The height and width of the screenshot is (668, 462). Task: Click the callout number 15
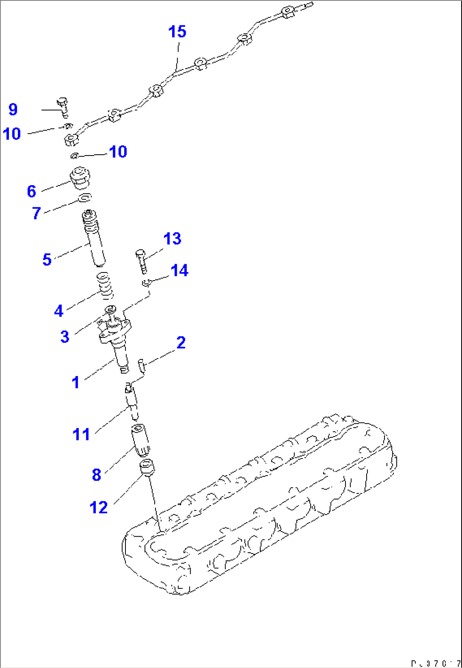click(x=177, y=32)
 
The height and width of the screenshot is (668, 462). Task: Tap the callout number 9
click(x=13, y=109)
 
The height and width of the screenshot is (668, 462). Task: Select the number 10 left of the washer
click(x=12, y=134)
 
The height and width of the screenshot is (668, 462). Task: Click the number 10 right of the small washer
click(x=118, y=152)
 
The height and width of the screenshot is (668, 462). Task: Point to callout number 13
click(x=172, y=239)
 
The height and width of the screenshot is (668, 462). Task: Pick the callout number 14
click(x=179, y=270)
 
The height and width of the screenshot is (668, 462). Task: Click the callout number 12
click(x=99, y=507)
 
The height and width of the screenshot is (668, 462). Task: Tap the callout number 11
click(x=81, y=434)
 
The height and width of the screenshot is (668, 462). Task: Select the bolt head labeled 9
click(x=62, y=103)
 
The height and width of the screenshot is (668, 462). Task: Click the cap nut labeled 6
click(x=80, y=178)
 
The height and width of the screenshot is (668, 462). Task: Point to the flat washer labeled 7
click(x=85, y=198)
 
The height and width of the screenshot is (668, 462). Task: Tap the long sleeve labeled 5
click(x=94, y=239)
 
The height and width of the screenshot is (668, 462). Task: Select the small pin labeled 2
click(x=142, y=366)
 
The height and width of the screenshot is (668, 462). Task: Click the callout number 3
click(x=64, y=337)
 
